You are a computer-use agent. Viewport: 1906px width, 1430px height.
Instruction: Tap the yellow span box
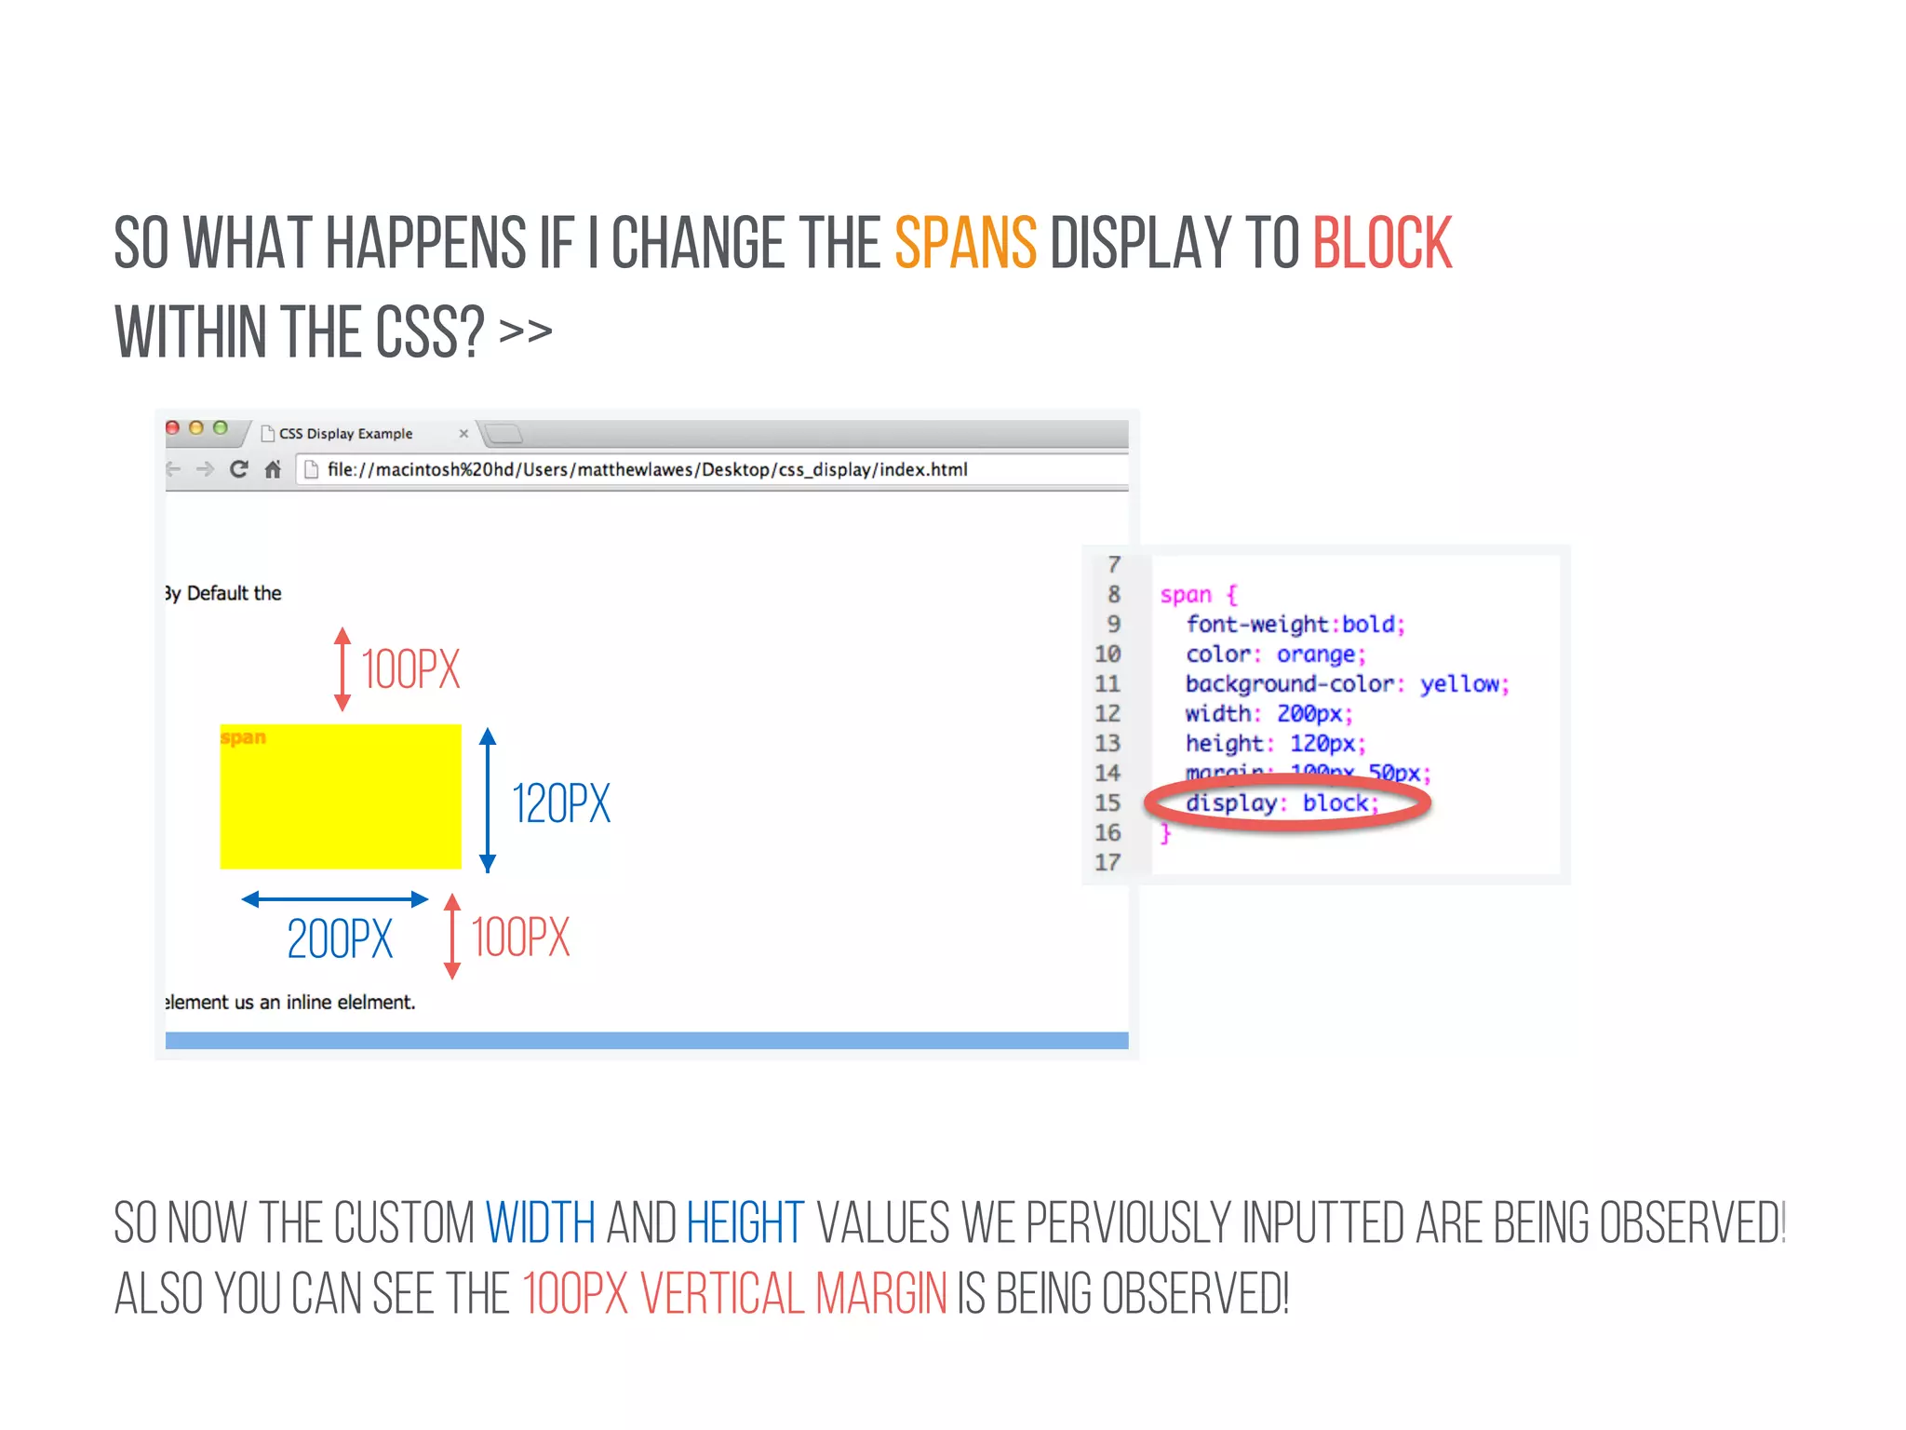point(341,797)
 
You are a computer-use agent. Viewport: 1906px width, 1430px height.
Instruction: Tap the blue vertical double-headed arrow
point(488,801)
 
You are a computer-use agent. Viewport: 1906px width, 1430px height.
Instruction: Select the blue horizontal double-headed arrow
point(335,899)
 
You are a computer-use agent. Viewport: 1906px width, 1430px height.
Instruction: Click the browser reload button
point(239,469)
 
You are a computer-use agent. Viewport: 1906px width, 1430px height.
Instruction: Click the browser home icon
point(273,469)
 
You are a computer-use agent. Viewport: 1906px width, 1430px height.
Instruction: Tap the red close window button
point(172,428)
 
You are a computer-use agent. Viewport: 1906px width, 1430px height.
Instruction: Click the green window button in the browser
point(221,428)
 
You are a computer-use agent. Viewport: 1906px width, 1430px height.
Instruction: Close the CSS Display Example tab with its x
point(463,434)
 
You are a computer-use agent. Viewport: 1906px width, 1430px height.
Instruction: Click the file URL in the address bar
point(647,470)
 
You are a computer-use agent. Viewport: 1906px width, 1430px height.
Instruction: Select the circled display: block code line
point(1282,803)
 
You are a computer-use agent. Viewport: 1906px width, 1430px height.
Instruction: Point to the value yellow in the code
point(1459,684)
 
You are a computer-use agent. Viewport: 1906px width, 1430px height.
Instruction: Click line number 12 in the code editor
point(1107,714)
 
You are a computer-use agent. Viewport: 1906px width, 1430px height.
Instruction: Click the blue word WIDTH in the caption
point(541,1223)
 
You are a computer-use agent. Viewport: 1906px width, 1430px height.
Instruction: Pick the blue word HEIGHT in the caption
point(745,1223)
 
